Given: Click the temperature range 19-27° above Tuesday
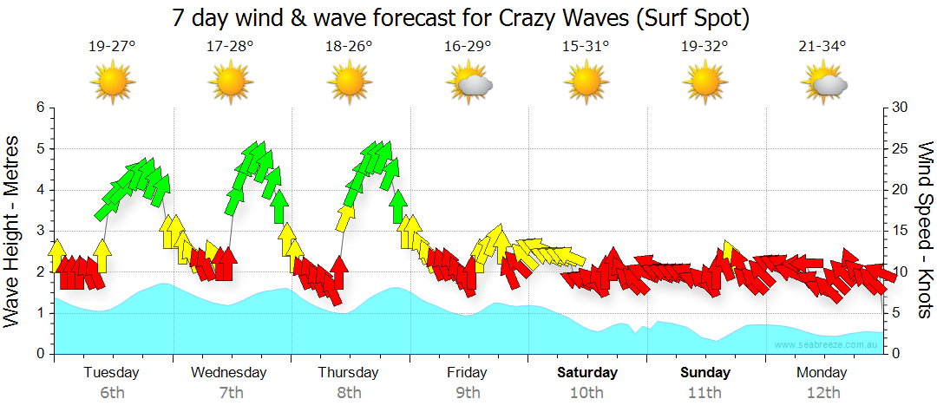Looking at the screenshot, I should coord(112,47).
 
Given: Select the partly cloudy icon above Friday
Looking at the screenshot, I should coord(468,83).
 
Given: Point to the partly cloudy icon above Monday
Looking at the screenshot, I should coord(823,83).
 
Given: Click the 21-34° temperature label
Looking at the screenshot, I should coord(822,47).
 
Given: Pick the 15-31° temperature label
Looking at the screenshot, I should coord(586,47).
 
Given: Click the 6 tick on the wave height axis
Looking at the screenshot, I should coord(40,108).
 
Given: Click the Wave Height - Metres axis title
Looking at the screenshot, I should coord(14,230).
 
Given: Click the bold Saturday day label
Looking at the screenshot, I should coord(587,373).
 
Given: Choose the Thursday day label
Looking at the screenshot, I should coord(349,373).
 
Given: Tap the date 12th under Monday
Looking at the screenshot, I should coord(823,393).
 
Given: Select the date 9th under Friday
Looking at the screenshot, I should coord(468,393).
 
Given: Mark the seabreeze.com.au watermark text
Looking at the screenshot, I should coord(828,345).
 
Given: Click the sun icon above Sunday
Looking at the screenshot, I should coord(704,82).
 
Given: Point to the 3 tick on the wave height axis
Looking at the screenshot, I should coord(40,231).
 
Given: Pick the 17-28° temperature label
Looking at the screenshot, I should coord(230,47).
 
